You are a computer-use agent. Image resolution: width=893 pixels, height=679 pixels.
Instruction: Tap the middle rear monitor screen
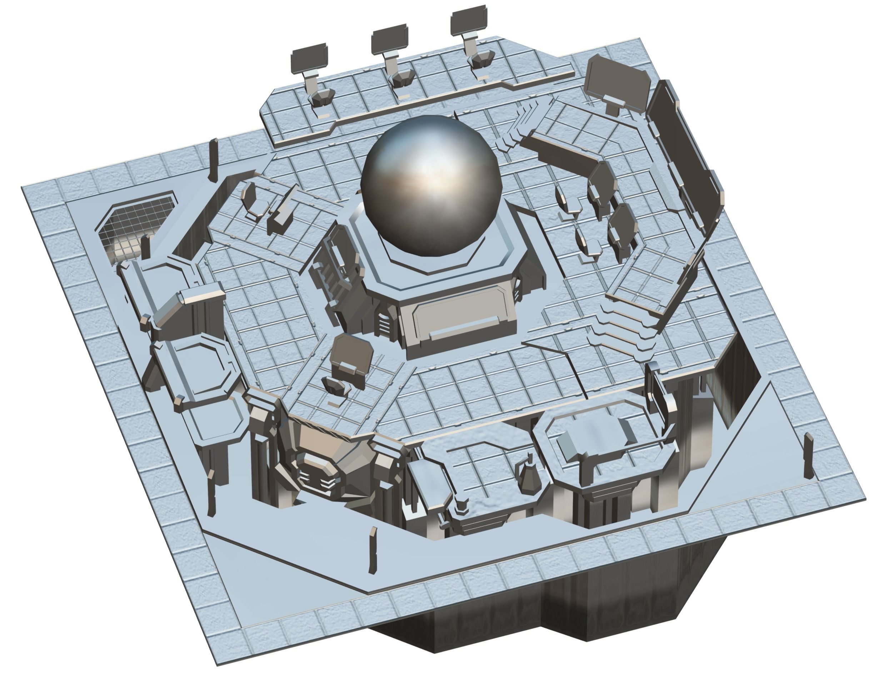tap(389, 41)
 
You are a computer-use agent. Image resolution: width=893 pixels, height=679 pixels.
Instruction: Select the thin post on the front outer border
tap(373, 550)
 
